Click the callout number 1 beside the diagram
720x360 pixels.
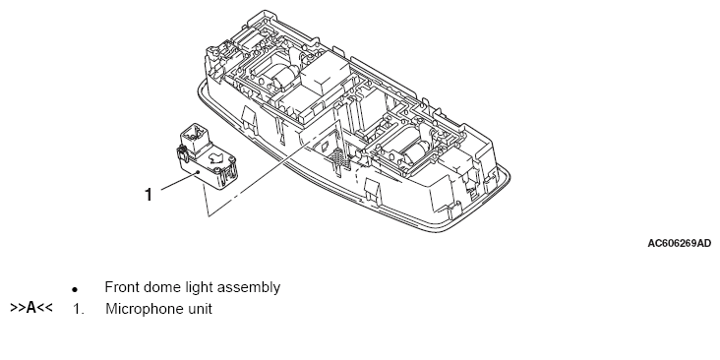(149, 195)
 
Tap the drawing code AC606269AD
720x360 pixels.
(679, 243)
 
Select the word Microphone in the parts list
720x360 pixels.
(142, 309)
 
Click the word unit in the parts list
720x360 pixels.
(198, 309)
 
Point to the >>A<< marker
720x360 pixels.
(31, 308)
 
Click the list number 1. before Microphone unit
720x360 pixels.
(78, 309)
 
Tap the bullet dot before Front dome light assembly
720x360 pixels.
(75, 290)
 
